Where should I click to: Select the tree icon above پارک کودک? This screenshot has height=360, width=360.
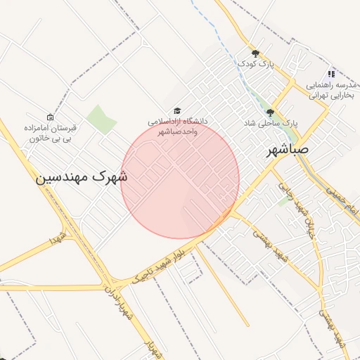pyautogui.click(x=255, y=53)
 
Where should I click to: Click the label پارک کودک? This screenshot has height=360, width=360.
pyautogui.click(x=255, y=64)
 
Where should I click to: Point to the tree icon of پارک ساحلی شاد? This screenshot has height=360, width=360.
pyautogui.click(x=269, y=112)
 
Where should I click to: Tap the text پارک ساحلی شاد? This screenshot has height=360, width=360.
pyautogui.click(x=269, y=122)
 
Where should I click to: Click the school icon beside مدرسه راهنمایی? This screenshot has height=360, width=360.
pyautogui.click(x=330, y=74)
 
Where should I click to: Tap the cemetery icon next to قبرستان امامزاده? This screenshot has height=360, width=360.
pyautogui.click(x=49, y=117)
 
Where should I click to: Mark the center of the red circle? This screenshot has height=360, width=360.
pyautogui.click(x=180, y=180)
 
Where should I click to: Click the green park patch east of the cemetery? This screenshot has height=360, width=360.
pyautogui.click(x=101, y=119)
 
